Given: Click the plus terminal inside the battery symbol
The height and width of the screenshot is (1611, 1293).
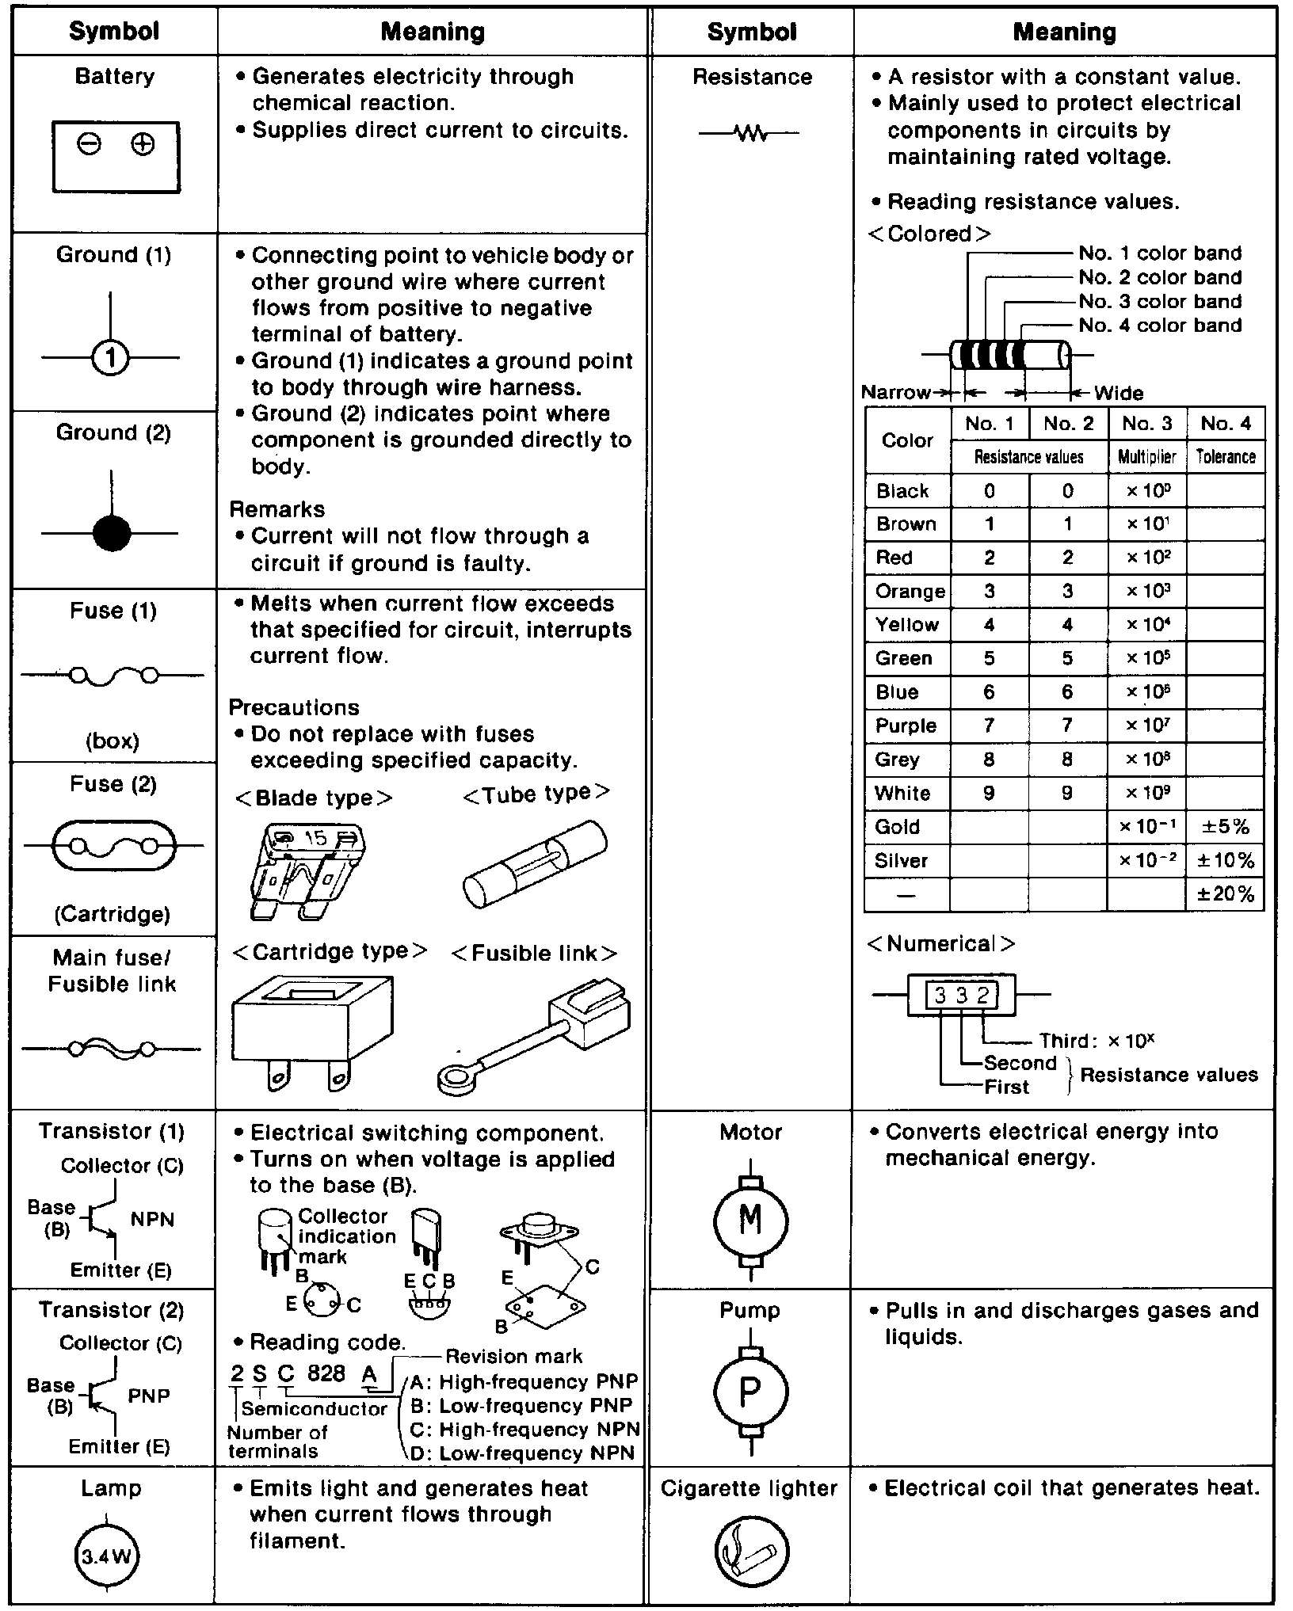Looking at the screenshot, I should click(x=143, y=144).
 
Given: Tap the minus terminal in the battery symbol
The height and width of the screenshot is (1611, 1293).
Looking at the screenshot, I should click(x=90, y=144).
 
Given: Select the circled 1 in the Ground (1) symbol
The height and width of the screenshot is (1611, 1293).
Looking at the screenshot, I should click(x=111, y=358).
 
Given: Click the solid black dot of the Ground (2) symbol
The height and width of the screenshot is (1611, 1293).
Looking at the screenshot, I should click(x=111, y=533).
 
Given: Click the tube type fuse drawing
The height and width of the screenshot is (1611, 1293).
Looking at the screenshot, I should click(x=534, y=864).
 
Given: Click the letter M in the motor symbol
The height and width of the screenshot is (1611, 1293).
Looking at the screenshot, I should click(x=750, y=1219).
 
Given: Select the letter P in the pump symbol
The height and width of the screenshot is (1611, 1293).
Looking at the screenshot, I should click(x=750, y=1392).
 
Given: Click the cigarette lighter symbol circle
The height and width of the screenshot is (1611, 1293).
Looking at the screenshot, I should click(x=750, y=1552).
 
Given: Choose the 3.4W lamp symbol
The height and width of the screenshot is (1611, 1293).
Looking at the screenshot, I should click(x=105, y=1556).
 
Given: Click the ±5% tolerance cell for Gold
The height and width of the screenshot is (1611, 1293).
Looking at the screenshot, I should click(x=1225, y=827).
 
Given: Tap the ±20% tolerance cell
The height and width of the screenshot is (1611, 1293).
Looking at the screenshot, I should click(x=1225, y=894).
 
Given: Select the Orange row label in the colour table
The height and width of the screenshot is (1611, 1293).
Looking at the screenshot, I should click(x=910, y=592).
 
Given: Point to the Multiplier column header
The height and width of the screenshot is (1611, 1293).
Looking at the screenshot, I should click(x=1146, y=457).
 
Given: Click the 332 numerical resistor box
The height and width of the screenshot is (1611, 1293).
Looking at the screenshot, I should click(x=961, y=996).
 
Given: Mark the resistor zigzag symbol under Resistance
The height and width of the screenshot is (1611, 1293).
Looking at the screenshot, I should click(x=749, y=134).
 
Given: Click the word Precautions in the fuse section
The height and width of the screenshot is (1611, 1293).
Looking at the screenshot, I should click(x=294, y=707).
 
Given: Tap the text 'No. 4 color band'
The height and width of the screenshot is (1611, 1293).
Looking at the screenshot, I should click(x=1160, y=326).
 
